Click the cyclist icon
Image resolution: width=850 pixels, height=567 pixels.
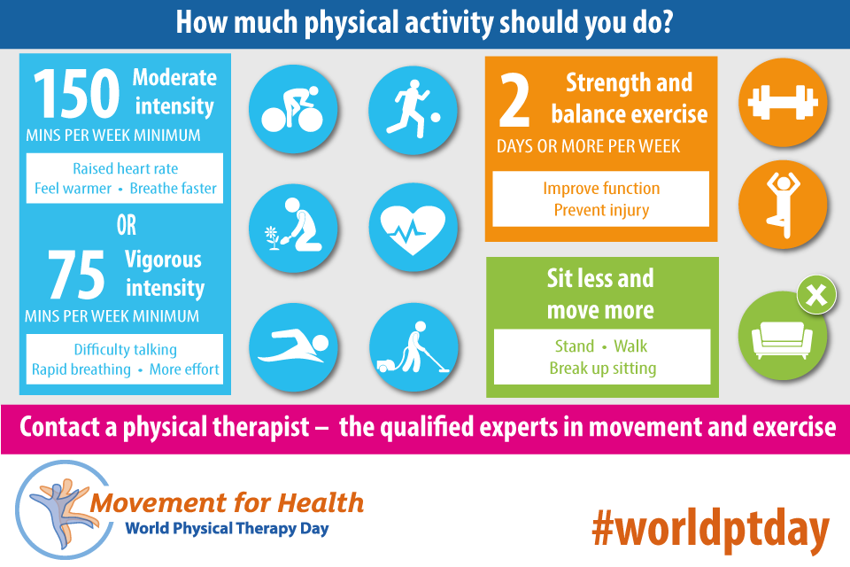293,109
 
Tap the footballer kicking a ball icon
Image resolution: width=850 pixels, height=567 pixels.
413,110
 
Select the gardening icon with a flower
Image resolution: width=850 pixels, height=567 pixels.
293,228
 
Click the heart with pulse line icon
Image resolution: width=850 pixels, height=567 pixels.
413,228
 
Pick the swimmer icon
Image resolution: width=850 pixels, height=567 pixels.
293,347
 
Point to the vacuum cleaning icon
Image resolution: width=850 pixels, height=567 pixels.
413,347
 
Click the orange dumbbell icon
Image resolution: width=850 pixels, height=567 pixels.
783,102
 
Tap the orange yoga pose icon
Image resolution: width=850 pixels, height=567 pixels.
783,205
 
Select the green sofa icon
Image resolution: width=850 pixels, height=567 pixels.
783,335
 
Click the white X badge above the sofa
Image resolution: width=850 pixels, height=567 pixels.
816,295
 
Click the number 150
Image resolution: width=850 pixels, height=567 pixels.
76,94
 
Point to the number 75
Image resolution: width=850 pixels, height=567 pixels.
76,275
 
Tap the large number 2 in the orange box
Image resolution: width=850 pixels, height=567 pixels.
514,100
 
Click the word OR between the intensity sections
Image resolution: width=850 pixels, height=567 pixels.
127,225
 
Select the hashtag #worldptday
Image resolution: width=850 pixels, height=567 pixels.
711,529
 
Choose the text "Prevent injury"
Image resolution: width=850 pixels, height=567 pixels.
601,210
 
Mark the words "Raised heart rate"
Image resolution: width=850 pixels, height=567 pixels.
125,168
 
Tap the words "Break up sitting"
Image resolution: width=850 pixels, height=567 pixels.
603,369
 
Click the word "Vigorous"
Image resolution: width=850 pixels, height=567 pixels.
163,260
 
